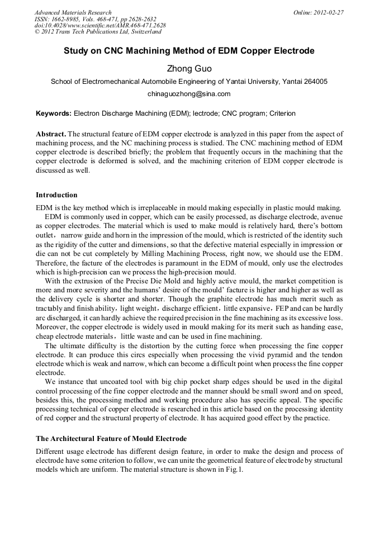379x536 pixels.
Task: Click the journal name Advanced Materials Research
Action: point(73,12)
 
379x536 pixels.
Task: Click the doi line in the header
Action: point(100,26)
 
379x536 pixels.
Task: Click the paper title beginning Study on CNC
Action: point(189,51)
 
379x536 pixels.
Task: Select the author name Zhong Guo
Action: point(189,68)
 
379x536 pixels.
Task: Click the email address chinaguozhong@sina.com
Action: point(189,94)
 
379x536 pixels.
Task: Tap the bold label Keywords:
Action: point(54,113)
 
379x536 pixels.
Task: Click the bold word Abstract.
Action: point(50,135)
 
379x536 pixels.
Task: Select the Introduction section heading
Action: point(56,195)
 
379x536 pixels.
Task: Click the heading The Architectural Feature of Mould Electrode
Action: point(111,438)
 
